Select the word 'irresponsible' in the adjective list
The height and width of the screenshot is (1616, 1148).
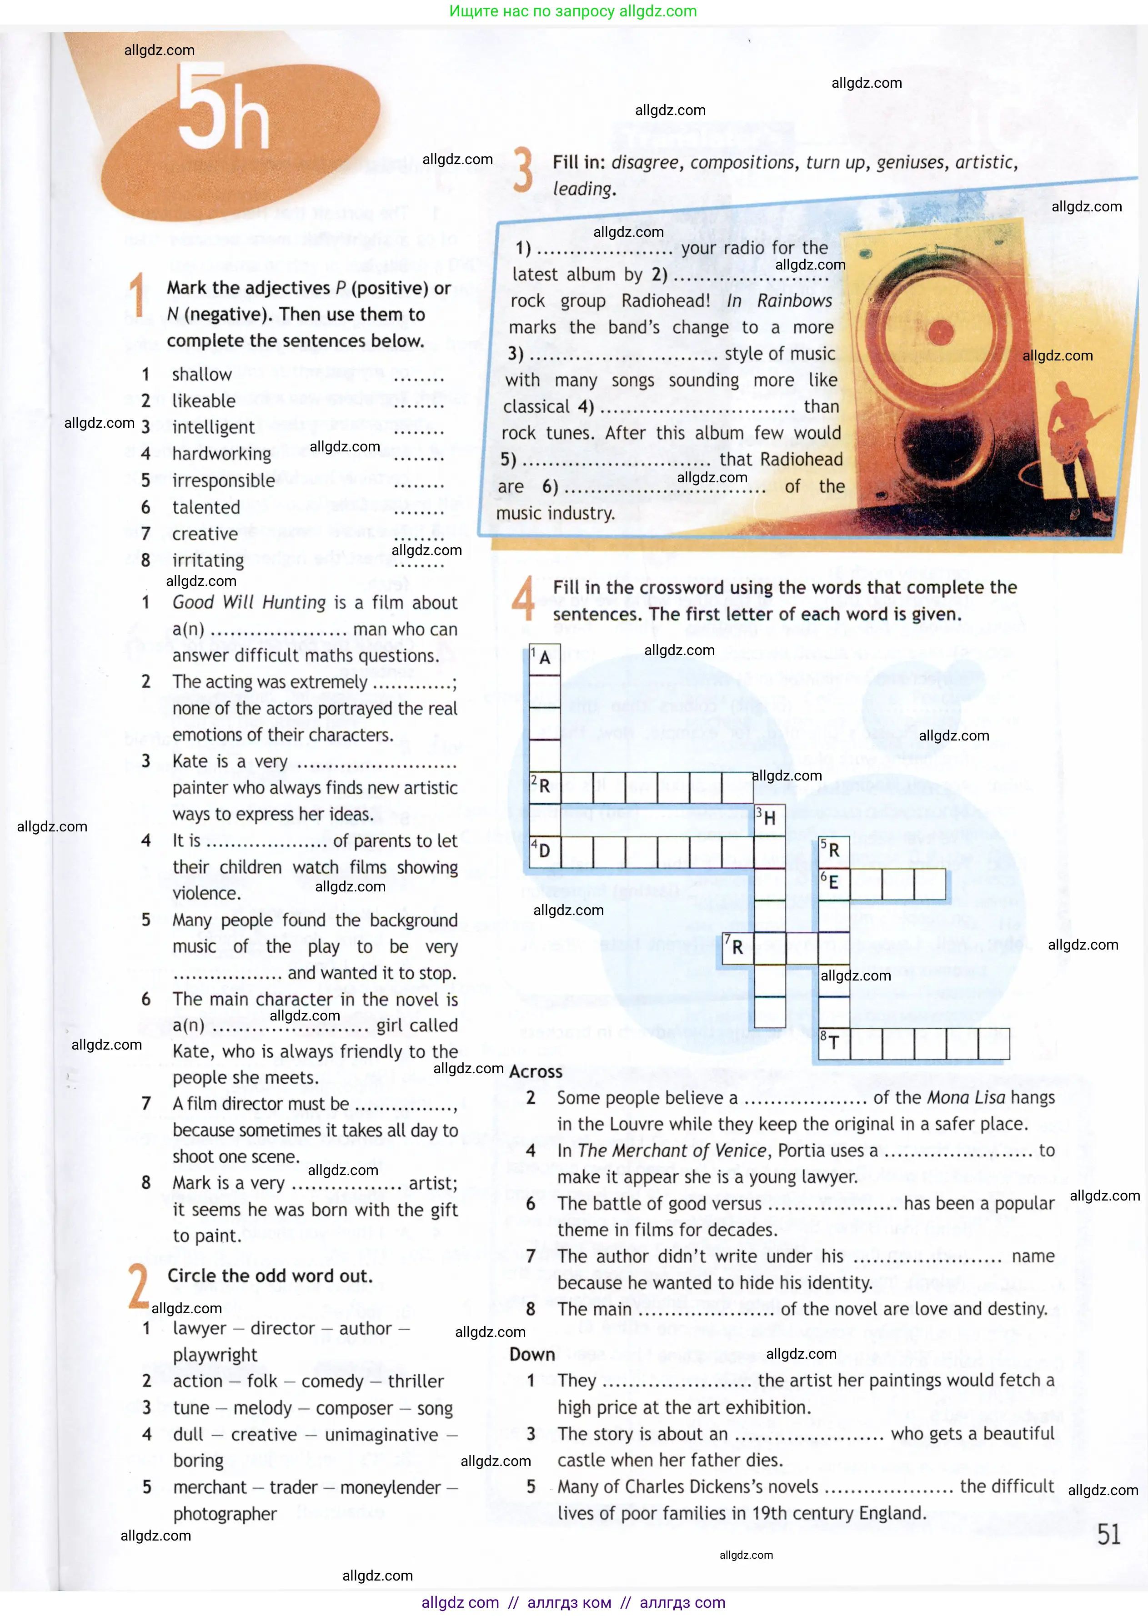point(223,480)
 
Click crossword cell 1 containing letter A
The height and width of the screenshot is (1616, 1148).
point(544,659)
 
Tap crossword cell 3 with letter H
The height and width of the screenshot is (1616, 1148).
point(769,818)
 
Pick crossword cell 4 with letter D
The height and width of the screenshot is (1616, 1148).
point(544,851)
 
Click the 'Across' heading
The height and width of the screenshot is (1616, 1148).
point(536,1072)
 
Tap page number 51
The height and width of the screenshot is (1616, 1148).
point(1108,1534)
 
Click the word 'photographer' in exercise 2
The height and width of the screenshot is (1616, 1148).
point(225,1514)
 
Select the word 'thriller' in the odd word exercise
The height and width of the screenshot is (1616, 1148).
point(416,1381)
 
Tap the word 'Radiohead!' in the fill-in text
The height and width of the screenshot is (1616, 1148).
point(665,301)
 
